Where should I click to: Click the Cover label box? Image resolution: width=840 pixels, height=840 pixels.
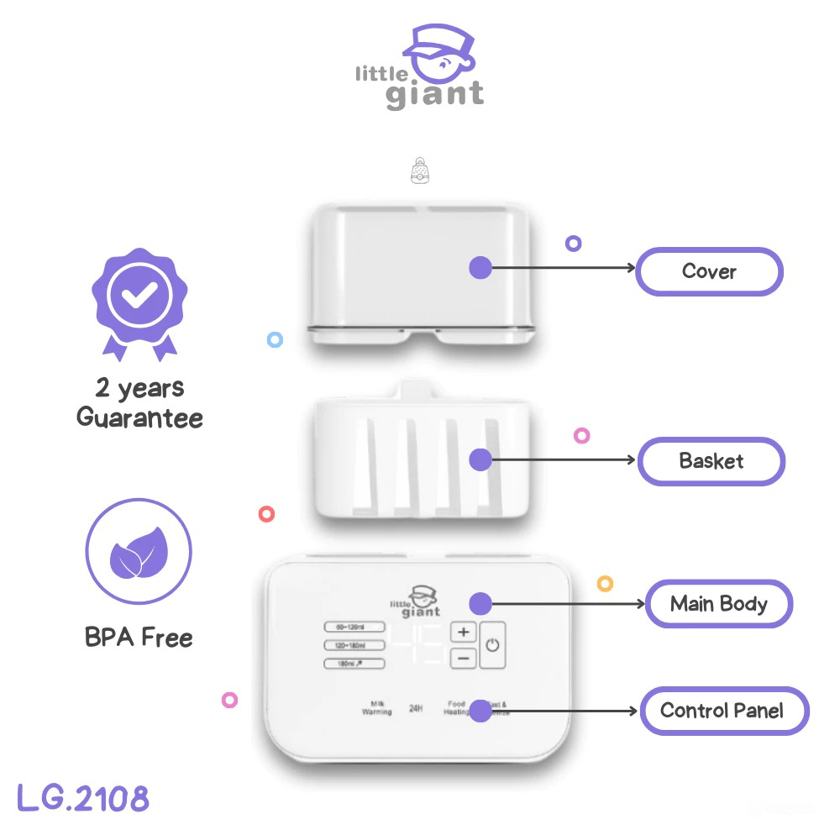click(709, 271)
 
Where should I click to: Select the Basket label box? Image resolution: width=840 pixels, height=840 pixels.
click(711, 461)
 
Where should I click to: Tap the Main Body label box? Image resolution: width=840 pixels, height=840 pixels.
click(718, 604)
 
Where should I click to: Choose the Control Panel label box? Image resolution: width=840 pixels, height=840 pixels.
click(722, 711)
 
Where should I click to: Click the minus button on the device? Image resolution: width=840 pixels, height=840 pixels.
click(464, 658)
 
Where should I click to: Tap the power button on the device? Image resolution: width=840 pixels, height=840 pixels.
click(492, 645)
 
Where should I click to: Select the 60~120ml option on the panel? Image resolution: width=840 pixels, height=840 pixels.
click(354, 627)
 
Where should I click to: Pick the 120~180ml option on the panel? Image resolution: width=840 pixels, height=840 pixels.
click(354, 645)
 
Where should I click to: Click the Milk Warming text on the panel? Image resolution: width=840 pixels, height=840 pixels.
click(377, 708)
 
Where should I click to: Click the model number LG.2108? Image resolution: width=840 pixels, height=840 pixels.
click(82, 798)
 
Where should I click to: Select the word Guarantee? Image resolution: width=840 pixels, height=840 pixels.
click(139, 417)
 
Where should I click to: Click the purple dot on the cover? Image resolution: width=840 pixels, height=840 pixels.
click(480, 268)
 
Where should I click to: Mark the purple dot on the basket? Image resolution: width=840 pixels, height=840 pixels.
click(480, 459)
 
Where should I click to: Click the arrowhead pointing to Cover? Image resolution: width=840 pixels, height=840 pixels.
click(631, 269)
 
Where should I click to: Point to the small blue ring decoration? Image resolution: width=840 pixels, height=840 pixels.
click(275, 340)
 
